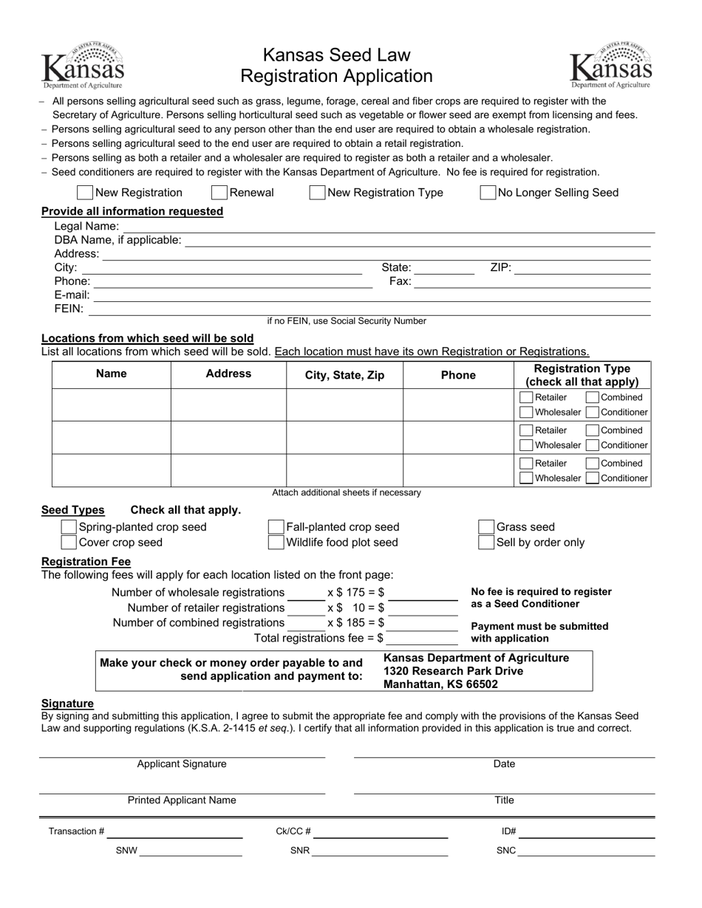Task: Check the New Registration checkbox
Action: pyautogui.click(x=85, y=193)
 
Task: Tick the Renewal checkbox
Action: pyautogui.click(x=219, y=193)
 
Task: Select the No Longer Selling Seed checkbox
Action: pyautogui.click(x=488, y=193)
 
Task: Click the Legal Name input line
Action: pyautogui.click(x=384, y=227)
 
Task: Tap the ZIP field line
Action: pyautogui.click(x=582, y=268)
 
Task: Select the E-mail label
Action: pyautogui.click(x=72, y=295)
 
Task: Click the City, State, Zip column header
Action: pyautogui.click(x=344, y=375)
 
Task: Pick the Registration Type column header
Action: pyautogui.click(x=582, y=375)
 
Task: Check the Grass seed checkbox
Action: pyautogui.click(x=486, y=527)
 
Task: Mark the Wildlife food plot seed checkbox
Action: pyautogui.click(x=276, y=543)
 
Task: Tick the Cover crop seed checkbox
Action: pyautogui.click(x=69, y=543)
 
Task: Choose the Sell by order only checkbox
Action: pyautogui.click(x=486, y=543)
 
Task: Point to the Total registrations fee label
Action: pyautogui.click(x=318, y=639)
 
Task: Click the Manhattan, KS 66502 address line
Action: pyautogui.click(x=440, y=684)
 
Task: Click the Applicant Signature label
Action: pyautogui.click(x=182, y=764)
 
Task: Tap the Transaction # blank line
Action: pyautogui.click(x=175, y=833)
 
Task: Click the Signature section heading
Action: pyautogui.click(x=67, y=704)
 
